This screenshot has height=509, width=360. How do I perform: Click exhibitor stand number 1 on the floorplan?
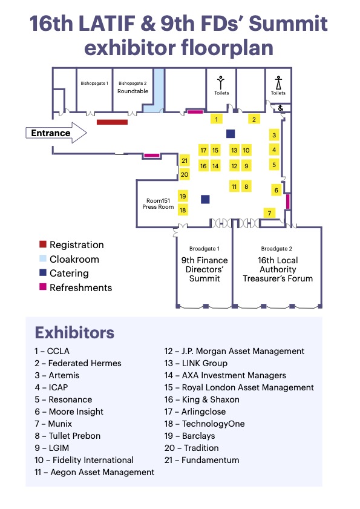coord(217,119)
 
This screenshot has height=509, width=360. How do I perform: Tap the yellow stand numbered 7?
coord(269,213)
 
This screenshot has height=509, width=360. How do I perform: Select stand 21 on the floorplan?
coord(185,160)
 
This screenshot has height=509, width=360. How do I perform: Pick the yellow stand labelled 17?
coord(203,150)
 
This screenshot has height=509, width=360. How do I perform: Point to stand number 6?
coord(277,190)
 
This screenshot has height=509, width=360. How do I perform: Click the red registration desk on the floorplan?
coord(112,122)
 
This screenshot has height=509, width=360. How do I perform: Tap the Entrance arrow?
coord(56,133)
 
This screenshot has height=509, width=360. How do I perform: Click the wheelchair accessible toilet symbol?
coord(281,108)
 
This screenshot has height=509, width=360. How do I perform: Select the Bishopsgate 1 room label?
coord(94,84)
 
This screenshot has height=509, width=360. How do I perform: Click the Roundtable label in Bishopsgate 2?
coord(133,91)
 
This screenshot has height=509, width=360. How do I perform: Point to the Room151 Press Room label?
coord(158,204)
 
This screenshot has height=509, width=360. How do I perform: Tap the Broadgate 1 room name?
coord(204,249)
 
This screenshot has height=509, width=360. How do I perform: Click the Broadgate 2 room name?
coord(277,249)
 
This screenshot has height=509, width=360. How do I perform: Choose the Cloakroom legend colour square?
coord(43,258)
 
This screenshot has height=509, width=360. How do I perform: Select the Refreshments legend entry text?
coord(81,287)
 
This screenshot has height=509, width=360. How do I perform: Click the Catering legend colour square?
coord(43,272)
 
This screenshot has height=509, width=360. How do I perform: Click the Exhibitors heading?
coord(74,332)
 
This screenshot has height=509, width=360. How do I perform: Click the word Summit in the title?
coord(288,24)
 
